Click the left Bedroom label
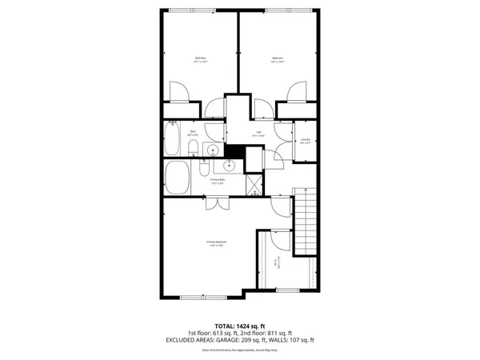[x=200, y=59]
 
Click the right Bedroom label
[x=278, y=59]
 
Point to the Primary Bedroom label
[x=217, y=244]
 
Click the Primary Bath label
[x=218, y=182]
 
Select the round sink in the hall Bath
[x=214, y=150]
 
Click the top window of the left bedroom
[x=192, y=10]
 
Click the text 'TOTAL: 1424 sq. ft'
[x=239, y=326]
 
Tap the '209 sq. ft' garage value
[x=259, y=340]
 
